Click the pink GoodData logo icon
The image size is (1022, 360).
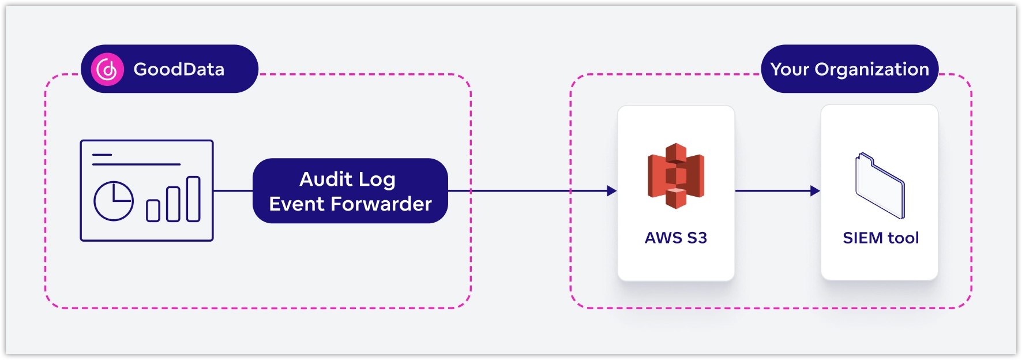tap(107, 70)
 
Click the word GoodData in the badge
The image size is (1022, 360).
tap(179, 69)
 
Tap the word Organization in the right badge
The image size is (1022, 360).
tap(871, 69)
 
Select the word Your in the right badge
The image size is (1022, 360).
tap(790, 69)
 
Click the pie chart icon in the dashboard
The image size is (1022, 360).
tap(114, 201)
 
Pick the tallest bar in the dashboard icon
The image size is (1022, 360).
tap(193, 199)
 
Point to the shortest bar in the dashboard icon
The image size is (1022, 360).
tap(153, 211)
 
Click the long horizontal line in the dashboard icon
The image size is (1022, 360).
tap(136, 164)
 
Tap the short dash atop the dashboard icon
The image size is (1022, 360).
tap(102, 155)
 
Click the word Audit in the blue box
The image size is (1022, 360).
tap(325, 179)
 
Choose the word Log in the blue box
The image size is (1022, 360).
tap(376, 179)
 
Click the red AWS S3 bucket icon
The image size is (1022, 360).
tap(676, 175)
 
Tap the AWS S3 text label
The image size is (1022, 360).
tap(676, 238)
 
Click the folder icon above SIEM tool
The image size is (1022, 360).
tap(880, 185)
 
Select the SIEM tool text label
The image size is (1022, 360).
tap(880, 238)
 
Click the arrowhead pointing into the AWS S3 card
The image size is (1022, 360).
tap(612, 191)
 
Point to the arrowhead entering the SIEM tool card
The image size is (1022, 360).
tap(815, 191)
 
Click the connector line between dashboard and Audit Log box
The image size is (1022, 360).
tap(233, 191)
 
